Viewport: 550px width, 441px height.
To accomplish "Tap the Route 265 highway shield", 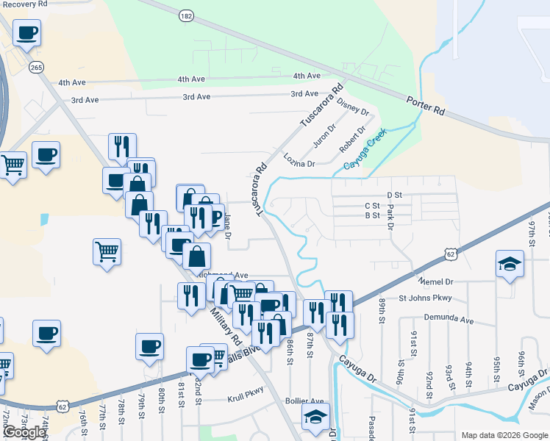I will [x=37, y=67].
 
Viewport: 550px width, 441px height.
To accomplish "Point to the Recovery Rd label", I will [x=24, y=4].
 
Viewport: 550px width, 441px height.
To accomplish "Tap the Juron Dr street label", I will [x=324, y=133].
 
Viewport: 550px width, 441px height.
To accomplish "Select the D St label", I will [x=396, y=195].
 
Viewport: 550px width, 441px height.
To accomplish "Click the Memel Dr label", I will [x=437, y=282].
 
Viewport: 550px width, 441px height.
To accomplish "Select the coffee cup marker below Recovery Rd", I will [x=26, y=33].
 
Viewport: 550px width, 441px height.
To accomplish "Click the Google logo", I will [x=24, y=432].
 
